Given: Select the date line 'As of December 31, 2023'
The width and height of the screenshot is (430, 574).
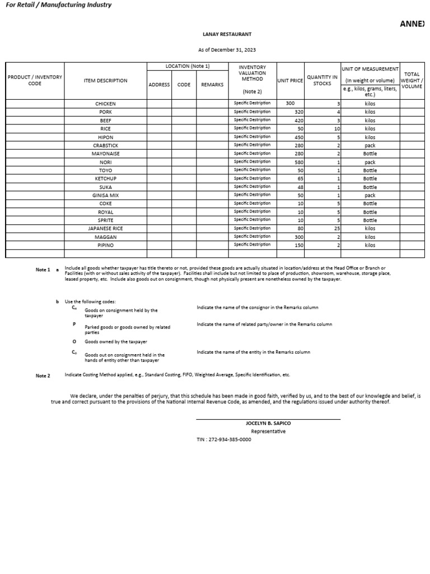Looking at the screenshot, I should point(228,50).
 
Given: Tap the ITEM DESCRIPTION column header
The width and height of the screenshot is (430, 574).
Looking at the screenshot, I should point(106,81).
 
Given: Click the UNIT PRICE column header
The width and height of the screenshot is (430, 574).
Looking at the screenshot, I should point(291,81).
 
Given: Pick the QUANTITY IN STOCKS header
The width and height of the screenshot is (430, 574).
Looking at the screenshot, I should point(322,81).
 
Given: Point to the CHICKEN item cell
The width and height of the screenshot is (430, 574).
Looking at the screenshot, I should point(106,104).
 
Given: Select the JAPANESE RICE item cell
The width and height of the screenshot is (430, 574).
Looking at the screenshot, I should point(106,229).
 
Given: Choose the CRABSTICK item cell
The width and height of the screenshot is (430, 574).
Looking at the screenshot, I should point(106,145).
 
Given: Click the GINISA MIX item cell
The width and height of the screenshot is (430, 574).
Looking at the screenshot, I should point(106,196).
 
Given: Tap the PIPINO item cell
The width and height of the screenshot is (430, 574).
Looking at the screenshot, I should point(106,246).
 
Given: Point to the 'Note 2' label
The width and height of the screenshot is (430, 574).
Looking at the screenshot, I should point(43,376).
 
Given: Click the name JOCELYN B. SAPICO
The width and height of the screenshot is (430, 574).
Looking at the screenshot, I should point(268,423).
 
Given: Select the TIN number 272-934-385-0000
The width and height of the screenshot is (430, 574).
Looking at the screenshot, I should point(223,440).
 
